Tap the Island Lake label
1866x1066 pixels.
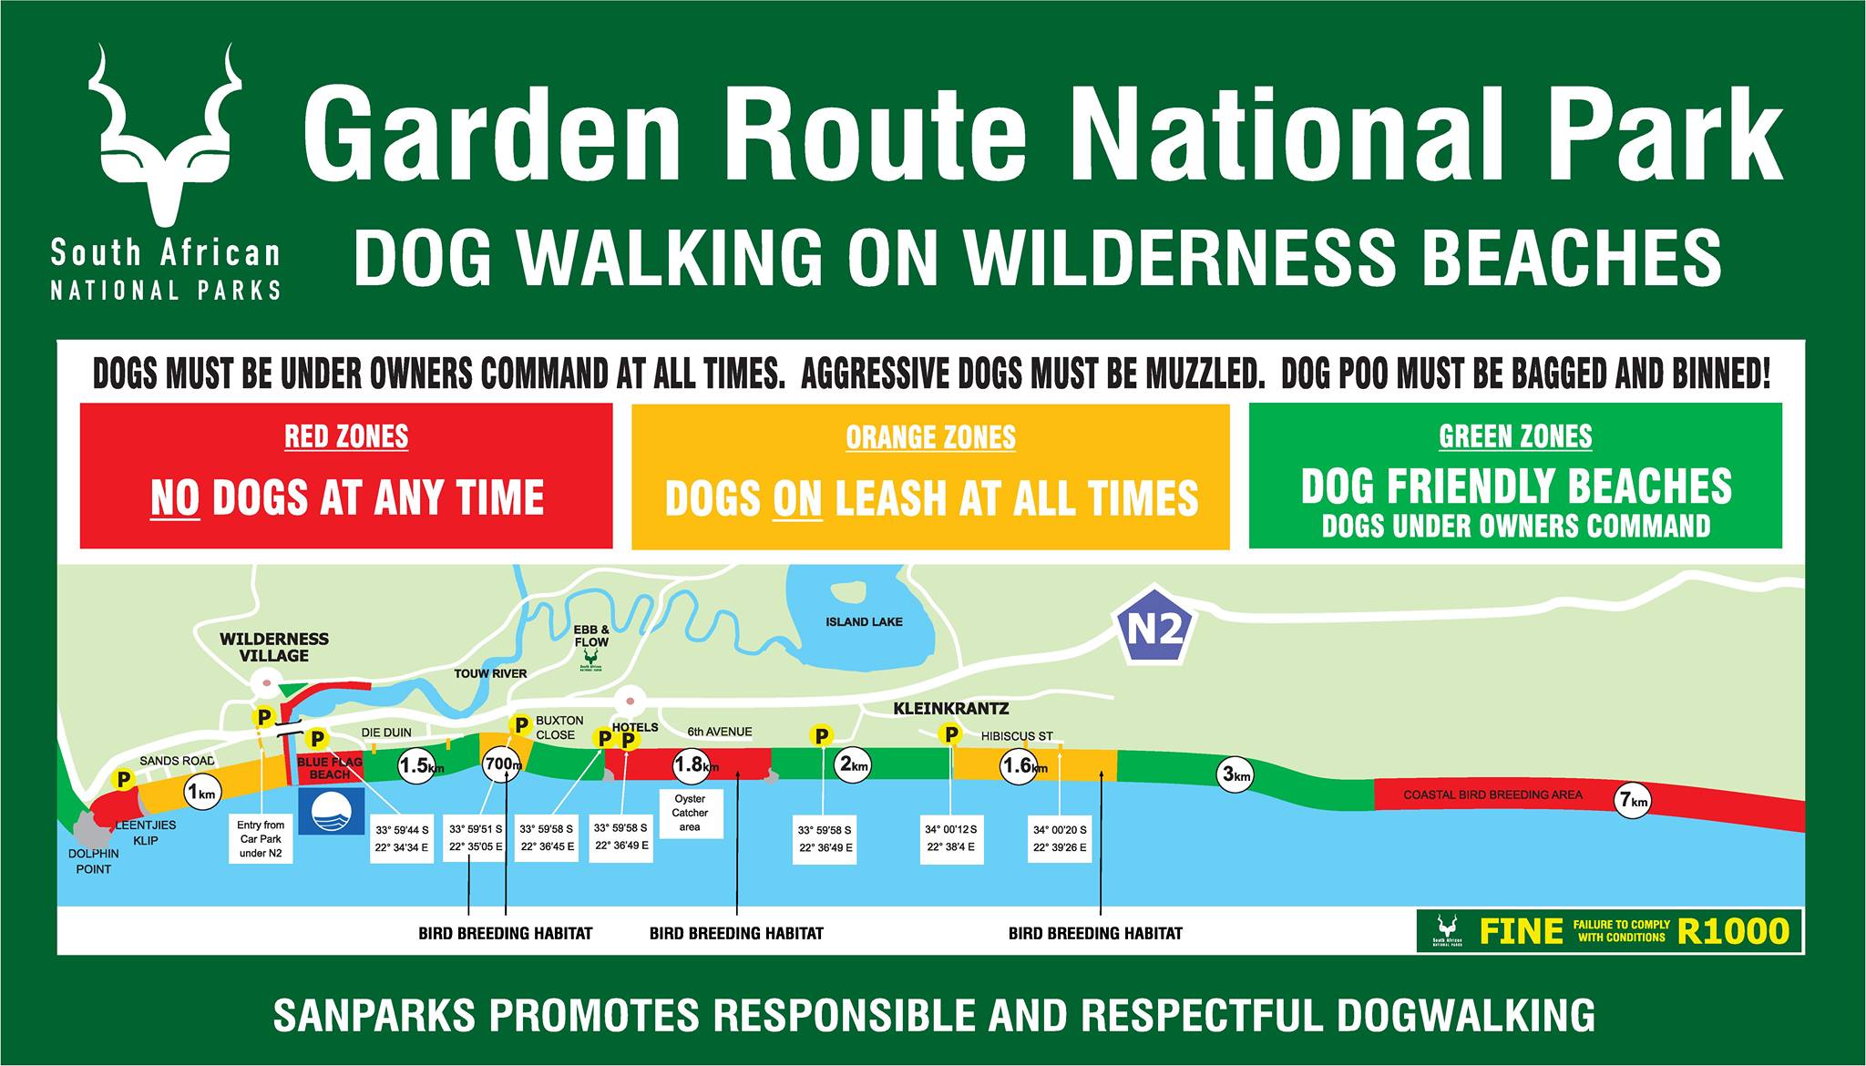pyautogui.click(x=864, y=621)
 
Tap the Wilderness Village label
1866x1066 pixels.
pyautogui.click(x=274, y=647)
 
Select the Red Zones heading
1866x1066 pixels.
pyautogui.click(x=346, y=436)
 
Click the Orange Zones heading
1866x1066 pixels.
pyautogui.click(x=930, y=437)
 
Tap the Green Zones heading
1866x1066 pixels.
pyautogui.click(x=1515, y=436)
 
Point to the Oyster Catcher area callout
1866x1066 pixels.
pyautogui.click(x=690, y=813)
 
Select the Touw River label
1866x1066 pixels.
pyautogui.click(x=490, y=673)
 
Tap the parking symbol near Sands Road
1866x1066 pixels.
pyautogui.click(x=122, y=779)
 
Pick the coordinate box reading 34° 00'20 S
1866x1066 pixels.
pyautogui.click(x=1060, y=838)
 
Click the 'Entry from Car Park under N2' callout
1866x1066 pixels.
pyautogui.click(x=261, y=838)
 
